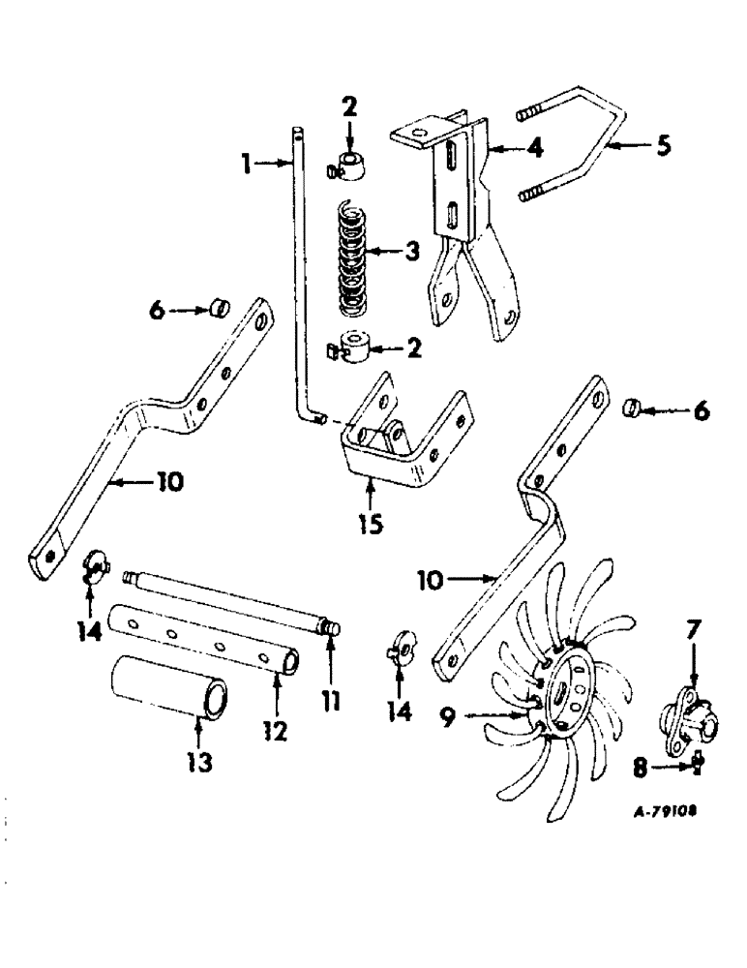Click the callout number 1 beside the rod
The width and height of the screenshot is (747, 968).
point(248,166)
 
